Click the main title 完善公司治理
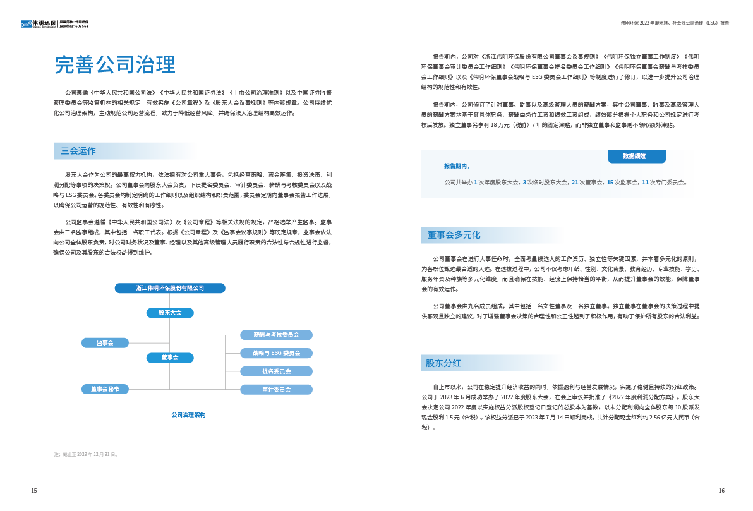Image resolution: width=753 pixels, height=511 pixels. [114, 64]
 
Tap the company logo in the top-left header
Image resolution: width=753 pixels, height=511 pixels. [39, 24]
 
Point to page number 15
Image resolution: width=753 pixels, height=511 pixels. [34, 491]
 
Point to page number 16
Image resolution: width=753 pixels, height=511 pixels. [721, 491]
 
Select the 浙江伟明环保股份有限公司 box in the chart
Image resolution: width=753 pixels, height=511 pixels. [170, 288]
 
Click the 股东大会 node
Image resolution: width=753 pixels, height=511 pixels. [170, 313]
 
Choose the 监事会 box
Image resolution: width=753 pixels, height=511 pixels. [105, 343]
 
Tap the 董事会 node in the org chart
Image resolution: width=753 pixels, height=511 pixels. [170, 358]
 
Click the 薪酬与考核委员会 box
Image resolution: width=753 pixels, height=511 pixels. [276, 335]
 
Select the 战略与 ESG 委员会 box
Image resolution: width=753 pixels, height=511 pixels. [276, 353]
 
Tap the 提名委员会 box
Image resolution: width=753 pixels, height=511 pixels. [276, 371]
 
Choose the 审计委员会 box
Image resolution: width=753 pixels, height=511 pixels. [276, 390]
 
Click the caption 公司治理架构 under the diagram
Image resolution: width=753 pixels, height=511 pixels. [188, 415]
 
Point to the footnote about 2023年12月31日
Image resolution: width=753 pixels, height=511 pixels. [86, 454]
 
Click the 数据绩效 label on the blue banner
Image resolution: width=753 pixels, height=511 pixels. [634, 156]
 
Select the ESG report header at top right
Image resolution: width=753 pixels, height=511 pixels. [675, 23]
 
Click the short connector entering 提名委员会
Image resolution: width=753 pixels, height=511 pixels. [232, 371]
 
